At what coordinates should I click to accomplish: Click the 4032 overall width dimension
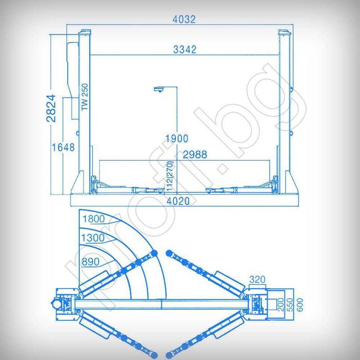pyautogui.click(x=184, y=20)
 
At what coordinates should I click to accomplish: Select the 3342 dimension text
pyautogui.click(x=185, y=50)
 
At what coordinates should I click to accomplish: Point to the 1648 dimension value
pyautogui.click(x=63, y=147)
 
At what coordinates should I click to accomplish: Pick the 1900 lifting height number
pyautogui.click(x=176, y=138)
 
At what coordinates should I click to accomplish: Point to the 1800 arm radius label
pyautogui.click(x=94, y=219)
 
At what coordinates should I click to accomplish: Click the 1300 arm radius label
pyautogui.click(x=93, y=238)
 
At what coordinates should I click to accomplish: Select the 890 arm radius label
pyautogui.click(x=89, y=262)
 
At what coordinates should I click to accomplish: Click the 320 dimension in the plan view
pyautogui.click(x=257, y=279)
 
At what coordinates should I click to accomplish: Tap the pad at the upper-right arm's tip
pyautogui.click(x=171, y=253)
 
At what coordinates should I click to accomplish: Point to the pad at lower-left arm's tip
pyautogui.click(x=153, y=355)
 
